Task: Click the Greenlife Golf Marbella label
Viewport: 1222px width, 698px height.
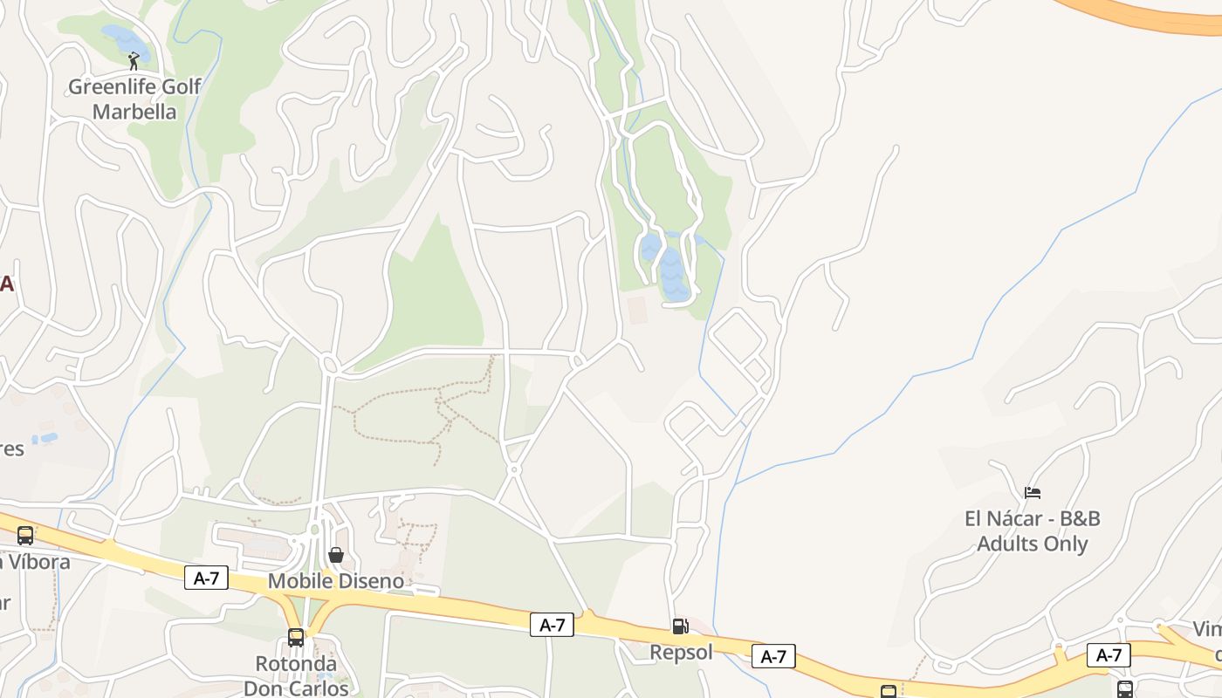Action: pos(134,99)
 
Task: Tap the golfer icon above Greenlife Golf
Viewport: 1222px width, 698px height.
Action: pos(134,61)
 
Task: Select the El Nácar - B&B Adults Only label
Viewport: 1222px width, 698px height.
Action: pos(1033,530)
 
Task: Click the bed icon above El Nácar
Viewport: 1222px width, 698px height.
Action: pos(1033,493)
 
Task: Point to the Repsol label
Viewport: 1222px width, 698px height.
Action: pos(681,652)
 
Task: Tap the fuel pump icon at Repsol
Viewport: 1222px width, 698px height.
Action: pos(680,626)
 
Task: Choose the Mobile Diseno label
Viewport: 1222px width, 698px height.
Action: pos(336,581)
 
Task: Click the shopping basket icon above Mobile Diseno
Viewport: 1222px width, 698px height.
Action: pos(336,555)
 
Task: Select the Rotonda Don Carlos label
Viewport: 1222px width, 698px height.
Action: pos(296,675)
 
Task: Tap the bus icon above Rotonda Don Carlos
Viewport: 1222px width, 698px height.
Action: pos(296,638)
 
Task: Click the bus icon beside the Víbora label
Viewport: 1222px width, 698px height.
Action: pos(25,536)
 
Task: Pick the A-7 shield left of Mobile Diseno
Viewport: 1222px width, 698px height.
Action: pos(206,578)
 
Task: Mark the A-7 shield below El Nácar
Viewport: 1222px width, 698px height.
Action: pos(1109,655)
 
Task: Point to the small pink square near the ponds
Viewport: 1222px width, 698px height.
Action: pos(637,309)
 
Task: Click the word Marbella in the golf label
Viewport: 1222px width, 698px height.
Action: pos(134,112)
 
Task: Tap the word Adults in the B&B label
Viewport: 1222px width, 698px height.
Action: pos(1006,544)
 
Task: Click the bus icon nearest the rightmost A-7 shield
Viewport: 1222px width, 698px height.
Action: pos(1125,689)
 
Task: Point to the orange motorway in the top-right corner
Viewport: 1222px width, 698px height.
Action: pos(1152,16)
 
